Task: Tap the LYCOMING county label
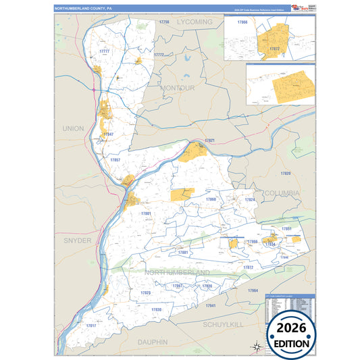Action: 195,22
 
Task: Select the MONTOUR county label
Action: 178,88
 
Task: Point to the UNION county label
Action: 72,128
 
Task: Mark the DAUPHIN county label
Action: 153,342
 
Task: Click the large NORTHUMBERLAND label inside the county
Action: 176,272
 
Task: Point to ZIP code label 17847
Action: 108,134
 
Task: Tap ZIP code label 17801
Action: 146,213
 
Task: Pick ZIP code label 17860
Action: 211,200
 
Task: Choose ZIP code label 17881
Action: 183,252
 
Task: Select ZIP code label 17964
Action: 253,290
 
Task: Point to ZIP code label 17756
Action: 164,22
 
